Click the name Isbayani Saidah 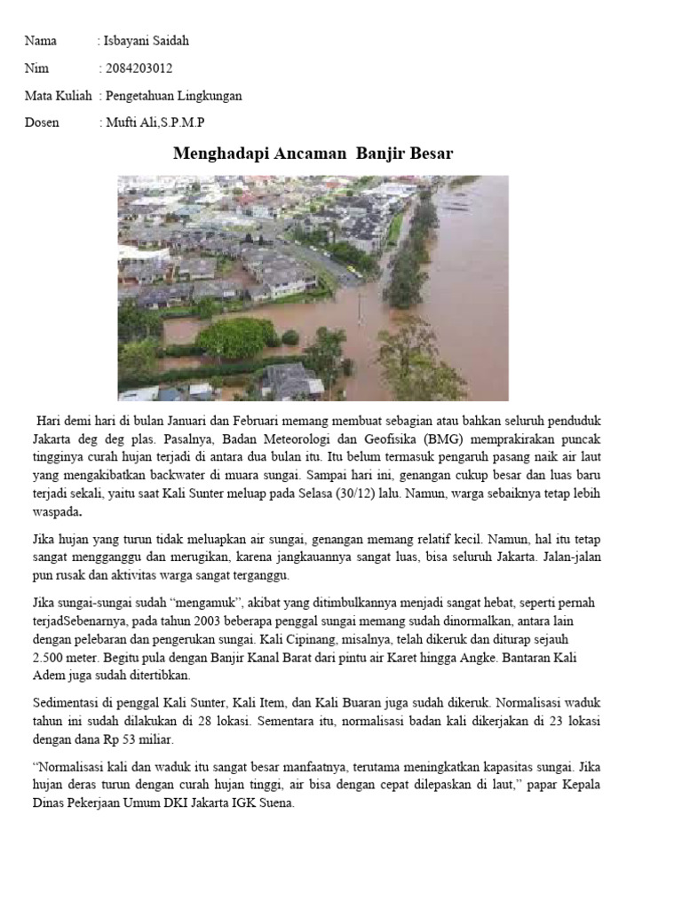pos(147,41)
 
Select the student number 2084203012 pos(139,68)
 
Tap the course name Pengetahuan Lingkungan pos(173,96)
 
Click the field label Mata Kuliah pos(58,96)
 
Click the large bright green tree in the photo pos(236,337)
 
